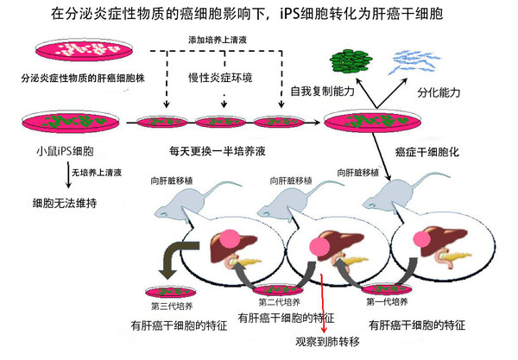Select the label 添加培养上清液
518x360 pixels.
(226, 40)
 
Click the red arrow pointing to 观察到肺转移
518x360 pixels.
(323, 302)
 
